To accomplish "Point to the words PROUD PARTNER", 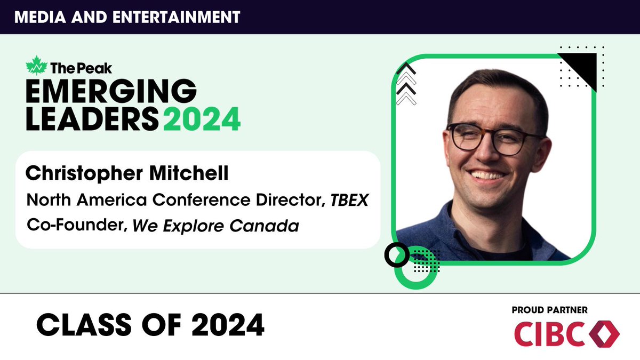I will pos(549,310).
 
